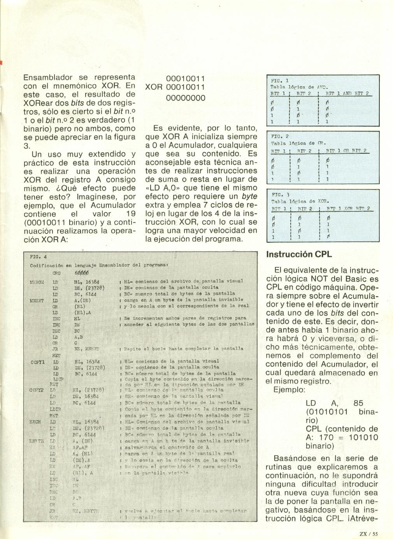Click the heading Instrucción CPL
[298, 255]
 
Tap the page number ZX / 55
[369, 534]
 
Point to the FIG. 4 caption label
[38, 257]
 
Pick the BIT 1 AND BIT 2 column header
[347, 94]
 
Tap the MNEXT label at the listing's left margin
[37, 300]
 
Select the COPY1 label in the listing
[38, 362]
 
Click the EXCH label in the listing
[36, 422]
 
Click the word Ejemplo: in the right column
[289, 390]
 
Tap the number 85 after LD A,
[358, 403]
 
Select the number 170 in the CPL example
[326, 437]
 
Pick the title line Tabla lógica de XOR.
[300, 202]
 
